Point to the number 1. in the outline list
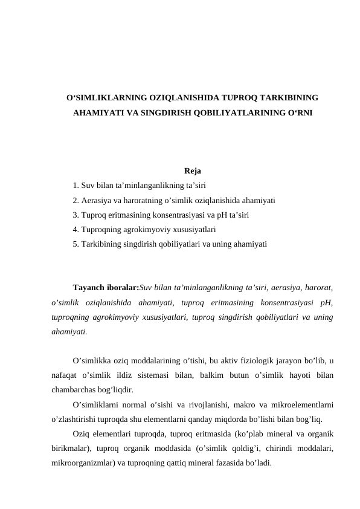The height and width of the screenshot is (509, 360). tap(76, 185)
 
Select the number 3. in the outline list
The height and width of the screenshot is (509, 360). tap(76, 215)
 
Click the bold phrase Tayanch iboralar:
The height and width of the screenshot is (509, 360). tap(106, 287)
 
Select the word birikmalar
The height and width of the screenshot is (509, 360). tap(72, 449)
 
